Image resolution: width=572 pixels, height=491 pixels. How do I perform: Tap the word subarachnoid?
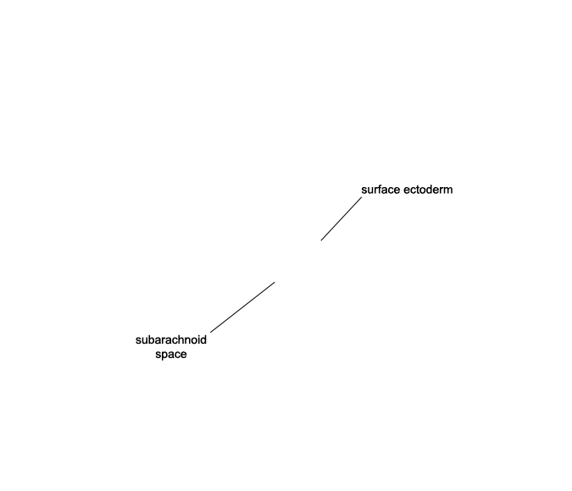tap(170, 339)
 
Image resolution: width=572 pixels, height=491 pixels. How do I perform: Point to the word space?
tap(170, 355)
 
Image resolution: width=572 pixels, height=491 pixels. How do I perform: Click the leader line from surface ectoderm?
tap(342, 218)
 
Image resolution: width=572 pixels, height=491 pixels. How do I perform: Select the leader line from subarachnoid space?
tap(242, 307)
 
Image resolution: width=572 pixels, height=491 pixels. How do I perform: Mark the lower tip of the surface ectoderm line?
tap(321, 240)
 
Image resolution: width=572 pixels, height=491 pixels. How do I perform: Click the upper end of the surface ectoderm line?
tap(362, 197)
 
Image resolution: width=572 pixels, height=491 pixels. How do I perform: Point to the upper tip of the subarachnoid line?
tap(275, 282)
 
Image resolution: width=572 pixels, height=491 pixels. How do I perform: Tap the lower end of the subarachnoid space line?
tap(210, 333)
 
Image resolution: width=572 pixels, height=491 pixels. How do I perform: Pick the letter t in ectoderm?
tap(419, 190)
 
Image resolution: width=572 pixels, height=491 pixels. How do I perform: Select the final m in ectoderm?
tap(448, 190)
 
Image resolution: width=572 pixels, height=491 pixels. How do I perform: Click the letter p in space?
tap(164, 356)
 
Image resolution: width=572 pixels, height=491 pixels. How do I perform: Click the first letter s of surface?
tap(364, 190)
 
